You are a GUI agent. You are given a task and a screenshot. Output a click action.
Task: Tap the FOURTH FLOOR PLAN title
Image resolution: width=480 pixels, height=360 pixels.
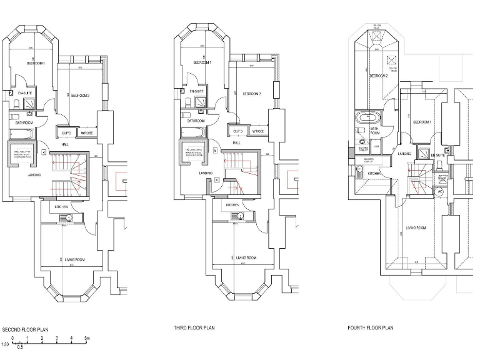point(371,327)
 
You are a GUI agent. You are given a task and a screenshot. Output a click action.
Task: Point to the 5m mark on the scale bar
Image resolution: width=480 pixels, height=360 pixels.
point(87,338)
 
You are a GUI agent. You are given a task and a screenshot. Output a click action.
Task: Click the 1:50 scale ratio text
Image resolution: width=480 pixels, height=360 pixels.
point(5,344)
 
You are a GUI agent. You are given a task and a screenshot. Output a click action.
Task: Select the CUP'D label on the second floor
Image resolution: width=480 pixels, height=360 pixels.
point(66,133)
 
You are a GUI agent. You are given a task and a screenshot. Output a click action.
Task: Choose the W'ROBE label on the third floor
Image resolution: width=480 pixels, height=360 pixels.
point(257,131)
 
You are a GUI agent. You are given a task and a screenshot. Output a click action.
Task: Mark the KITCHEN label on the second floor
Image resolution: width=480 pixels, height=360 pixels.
point(61,206)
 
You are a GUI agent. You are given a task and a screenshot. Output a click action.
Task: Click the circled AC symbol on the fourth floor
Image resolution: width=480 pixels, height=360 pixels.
point(439,191)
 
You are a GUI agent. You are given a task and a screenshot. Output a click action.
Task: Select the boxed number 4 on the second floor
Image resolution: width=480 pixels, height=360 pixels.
point(43,152)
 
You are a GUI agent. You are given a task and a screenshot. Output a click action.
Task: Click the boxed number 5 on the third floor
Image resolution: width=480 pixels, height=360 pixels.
point(214,151)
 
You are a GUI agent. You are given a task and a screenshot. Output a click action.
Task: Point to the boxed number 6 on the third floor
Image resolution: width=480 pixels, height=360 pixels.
point(217,180)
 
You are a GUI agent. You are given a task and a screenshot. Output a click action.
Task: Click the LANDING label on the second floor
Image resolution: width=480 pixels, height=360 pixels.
point(34,175)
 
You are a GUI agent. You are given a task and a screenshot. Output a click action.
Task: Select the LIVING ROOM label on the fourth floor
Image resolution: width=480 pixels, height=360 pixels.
point(416,228)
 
